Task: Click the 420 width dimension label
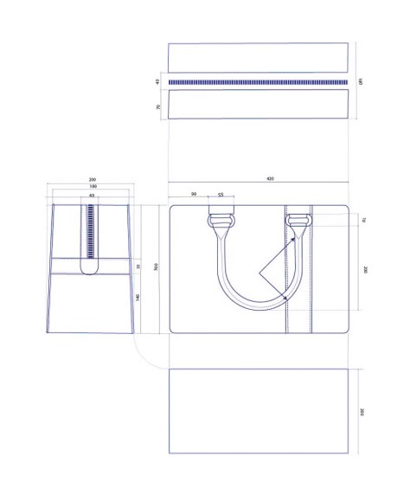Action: pos(270,179)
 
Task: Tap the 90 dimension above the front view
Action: pos(194,194)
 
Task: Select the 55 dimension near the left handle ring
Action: pos(221,196)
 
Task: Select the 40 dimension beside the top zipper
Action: pos(158,82)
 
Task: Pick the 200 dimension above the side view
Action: pos(92,180)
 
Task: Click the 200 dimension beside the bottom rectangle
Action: pos(361,411)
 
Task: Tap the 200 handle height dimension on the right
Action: pos(366,270)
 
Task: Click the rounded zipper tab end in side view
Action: pos(92,269)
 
